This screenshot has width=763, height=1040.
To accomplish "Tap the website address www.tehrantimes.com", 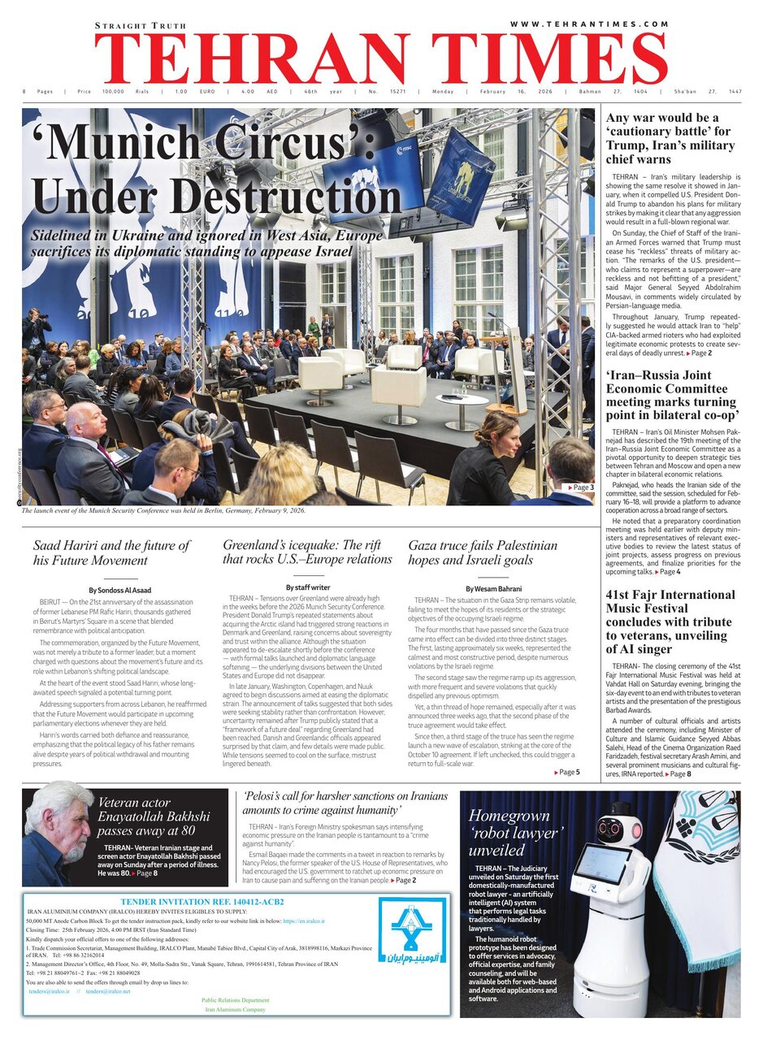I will point(590,24).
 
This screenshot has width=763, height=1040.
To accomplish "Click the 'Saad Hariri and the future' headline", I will point(111,552).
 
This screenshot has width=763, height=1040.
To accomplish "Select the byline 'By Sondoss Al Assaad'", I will point(120,589).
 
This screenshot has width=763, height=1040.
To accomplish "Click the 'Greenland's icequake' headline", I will point(307,552).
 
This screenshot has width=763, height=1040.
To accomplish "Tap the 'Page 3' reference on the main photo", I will point(579,487).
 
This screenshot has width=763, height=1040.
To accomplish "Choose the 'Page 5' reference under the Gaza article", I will point(566,772).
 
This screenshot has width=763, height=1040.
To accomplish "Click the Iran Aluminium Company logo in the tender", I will point(413,930).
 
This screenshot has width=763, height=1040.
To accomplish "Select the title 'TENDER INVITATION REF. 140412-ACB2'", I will point(202,901).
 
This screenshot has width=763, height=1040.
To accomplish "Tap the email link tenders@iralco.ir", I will point(50,991).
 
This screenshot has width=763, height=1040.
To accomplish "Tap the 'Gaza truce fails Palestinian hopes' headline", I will point(483,552).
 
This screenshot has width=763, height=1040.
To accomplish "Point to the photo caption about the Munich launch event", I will point(163,510).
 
